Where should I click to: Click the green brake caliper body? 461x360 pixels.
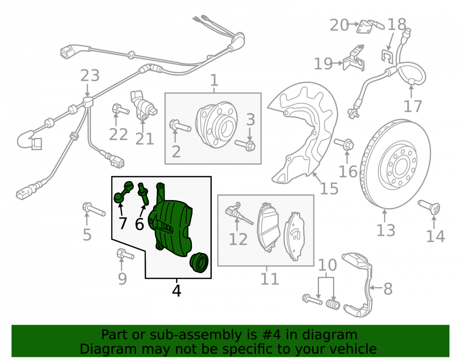point(171,226)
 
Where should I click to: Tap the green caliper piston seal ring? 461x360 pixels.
point(199,262)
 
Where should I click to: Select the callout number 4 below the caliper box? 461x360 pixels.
point(177,291)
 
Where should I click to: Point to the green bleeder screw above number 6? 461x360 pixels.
point(143,193)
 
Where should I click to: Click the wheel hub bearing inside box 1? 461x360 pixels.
point(217,125)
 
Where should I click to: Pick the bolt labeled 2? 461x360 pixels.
point(180,126)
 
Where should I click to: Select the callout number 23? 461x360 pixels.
point(90,76)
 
